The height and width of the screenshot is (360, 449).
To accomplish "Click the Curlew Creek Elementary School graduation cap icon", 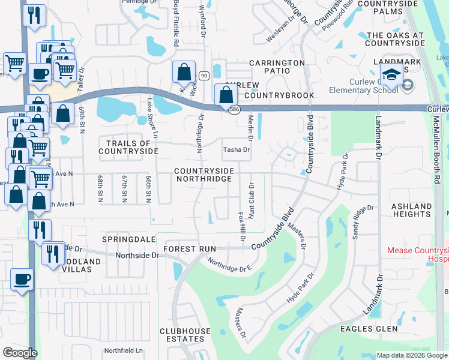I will click(x=391, y=77).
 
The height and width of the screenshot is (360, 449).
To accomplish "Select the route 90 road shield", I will click(x=204, y=75).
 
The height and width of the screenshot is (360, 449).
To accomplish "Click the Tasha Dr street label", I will click(x=236, y=150).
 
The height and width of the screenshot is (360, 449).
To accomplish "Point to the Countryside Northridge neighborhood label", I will click(x=203, y=175).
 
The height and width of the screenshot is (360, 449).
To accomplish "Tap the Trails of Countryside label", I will click(x=128, y=148).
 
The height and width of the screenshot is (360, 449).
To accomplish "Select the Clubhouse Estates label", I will click(x=185, y=335).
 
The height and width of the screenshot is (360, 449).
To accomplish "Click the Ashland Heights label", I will click(x=411, y=211).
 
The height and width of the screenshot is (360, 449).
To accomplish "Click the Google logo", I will click(x=20, y=352).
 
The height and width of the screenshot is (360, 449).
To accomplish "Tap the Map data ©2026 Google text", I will click(x=411, y=355).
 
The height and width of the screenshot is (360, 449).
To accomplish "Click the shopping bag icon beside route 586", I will click(x=226, y=95).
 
